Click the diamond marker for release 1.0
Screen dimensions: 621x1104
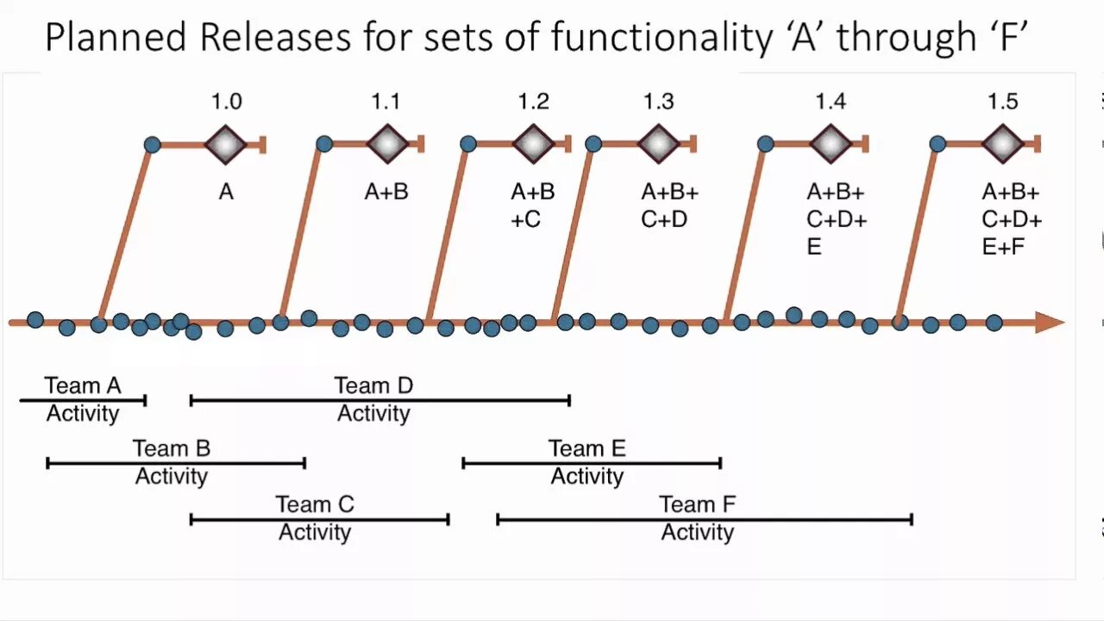[x=226, y=144]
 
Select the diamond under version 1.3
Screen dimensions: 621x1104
[x=659, y=144]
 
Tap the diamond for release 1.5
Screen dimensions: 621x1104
[x=1002, y=144]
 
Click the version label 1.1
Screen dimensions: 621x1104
[x=386, y=102]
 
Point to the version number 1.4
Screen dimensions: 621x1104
[x=831, y=102]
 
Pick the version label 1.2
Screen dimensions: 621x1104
[x=533, y=102]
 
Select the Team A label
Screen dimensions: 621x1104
[x=83, y=386]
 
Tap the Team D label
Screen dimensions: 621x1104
[x=373, y=386]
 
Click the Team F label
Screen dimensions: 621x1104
[x=697, y=504]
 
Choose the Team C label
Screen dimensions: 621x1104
[x=315, y=504]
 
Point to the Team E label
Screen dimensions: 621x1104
[x=587, y=448]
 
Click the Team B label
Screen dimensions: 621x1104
[x=172, y=448]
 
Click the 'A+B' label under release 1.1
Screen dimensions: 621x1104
[x=386, y=191]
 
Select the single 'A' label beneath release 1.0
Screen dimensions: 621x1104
[x=226, y=191]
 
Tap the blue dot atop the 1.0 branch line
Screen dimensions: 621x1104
[x=152, y=144]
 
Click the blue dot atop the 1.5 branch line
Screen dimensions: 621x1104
[x=938, y=144]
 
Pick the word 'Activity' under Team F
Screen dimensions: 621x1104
[x=697, y=532]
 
